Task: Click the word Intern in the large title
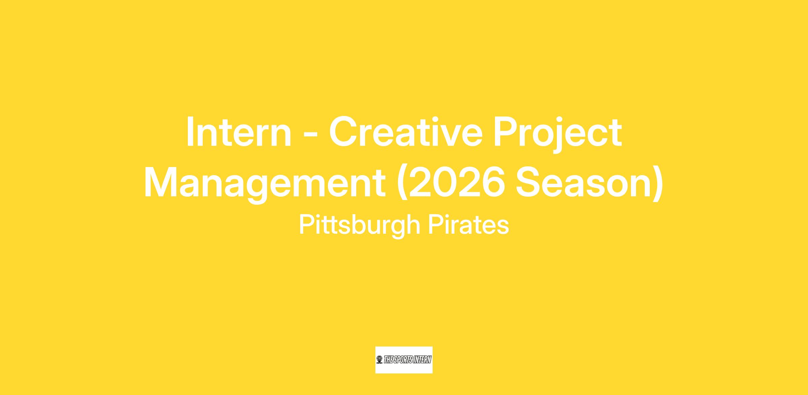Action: tap(239, 132)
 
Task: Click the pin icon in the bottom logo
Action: tap(379, 360)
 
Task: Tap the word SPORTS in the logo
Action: tap(404, 360)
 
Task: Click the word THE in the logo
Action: tap(389, 360)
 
